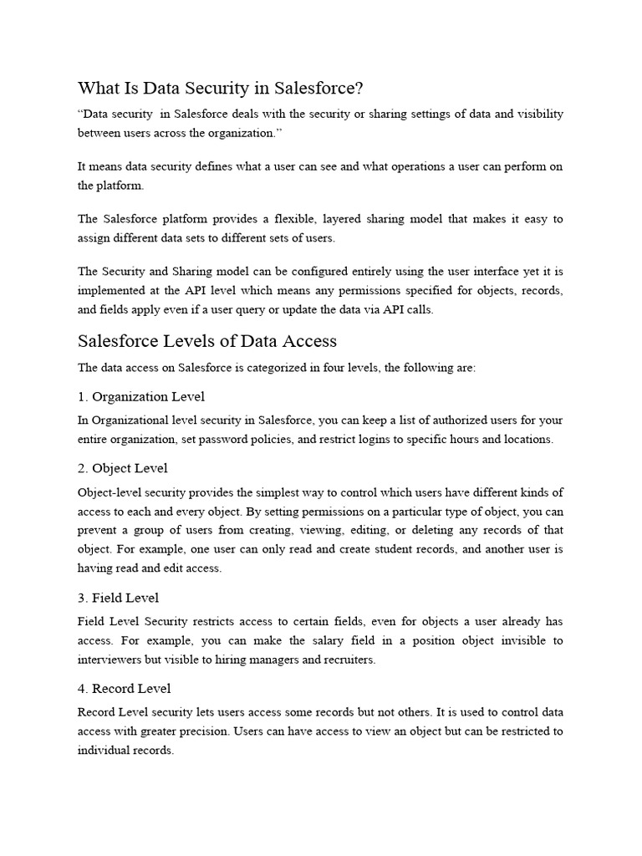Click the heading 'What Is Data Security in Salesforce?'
point(222,89)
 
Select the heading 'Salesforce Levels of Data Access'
point(207,341)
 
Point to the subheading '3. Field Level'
point(118,599)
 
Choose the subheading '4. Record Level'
point(124,689)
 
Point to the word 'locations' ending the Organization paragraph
point(525,440)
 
